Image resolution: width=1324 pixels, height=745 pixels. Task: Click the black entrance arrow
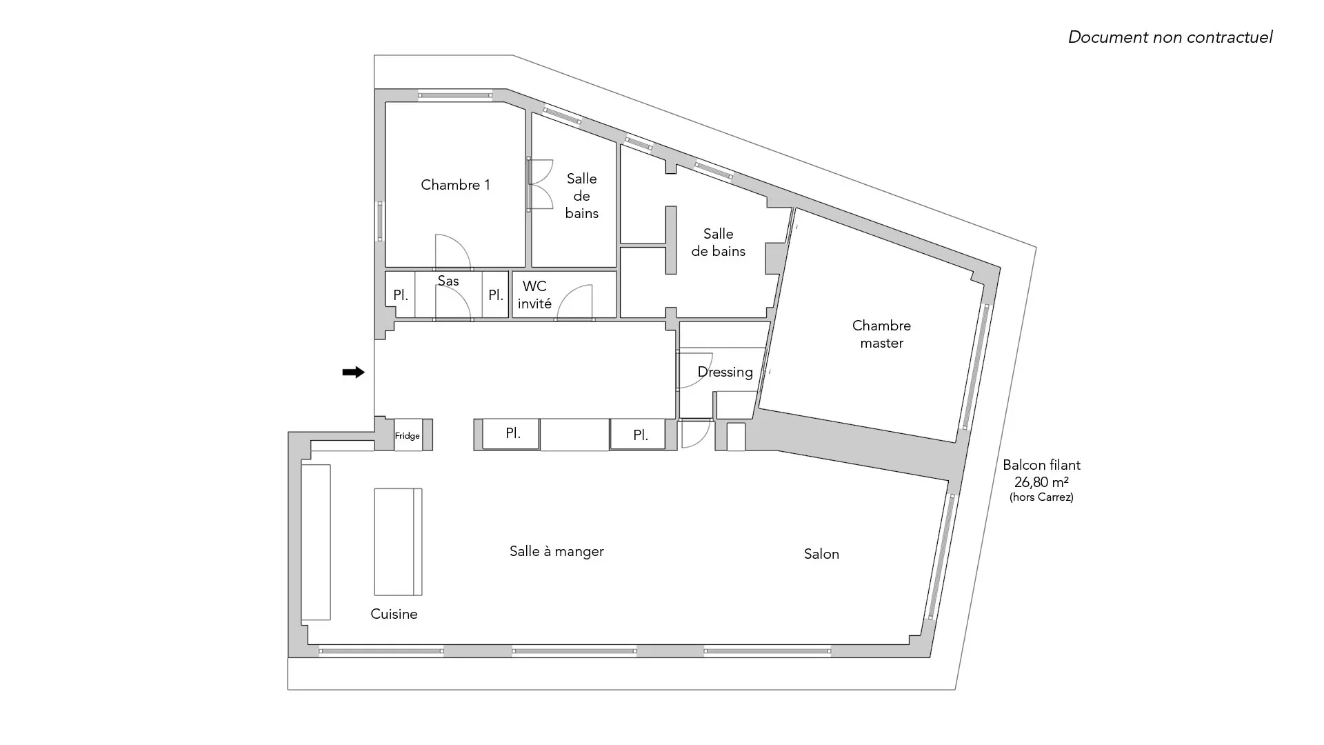[353, 372]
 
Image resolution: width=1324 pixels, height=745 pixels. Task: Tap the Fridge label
[408, 436]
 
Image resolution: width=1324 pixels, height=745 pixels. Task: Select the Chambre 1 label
[455, 185]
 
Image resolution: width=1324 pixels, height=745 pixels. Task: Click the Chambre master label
[881, 334]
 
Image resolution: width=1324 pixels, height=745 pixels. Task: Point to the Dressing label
[725, 372]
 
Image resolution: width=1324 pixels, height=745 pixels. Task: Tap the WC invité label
[534, 295]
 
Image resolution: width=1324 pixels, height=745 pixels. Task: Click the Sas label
[448, 281]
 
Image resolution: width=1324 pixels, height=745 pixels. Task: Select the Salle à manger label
[556, 551]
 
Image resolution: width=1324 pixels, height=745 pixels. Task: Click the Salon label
[821, 554]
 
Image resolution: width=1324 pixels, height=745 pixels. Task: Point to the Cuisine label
[394, 614]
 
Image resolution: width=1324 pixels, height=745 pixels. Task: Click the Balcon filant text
[1041, 465]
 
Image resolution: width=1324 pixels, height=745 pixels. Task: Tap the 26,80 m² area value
[1041, 482]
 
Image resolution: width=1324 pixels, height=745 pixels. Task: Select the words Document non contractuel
[1170, 37]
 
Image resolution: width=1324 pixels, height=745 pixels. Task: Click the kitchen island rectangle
[398, 542]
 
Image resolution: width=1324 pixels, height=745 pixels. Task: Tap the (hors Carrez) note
[1041, 497]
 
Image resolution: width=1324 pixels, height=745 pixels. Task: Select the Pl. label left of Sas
[401, 295]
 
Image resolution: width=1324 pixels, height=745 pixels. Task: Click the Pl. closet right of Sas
[496, 295]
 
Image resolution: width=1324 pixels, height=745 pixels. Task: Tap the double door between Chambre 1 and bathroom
[541, 184]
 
